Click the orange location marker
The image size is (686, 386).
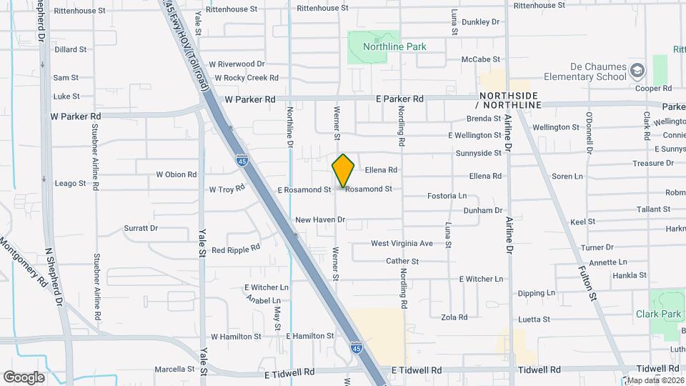coord(344,170)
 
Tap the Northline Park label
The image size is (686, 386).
coord(394,46)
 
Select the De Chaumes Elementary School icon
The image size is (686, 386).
coord(637,71)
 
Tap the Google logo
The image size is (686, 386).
coord(24,377)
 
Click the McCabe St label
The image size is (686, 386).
coord(481,59)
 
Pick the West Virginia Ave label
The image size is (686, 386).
coord(402,244)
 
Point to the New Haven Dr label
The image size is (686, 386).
coord(319,220)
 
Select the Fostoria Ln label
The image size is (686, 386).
coord(447,195)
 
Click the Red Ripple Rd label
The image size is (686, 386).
coord(235,250)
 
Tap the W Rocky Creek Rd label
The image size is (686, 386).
coord(245,77)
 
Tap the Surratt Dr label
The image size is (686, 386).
coord(140,228)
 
